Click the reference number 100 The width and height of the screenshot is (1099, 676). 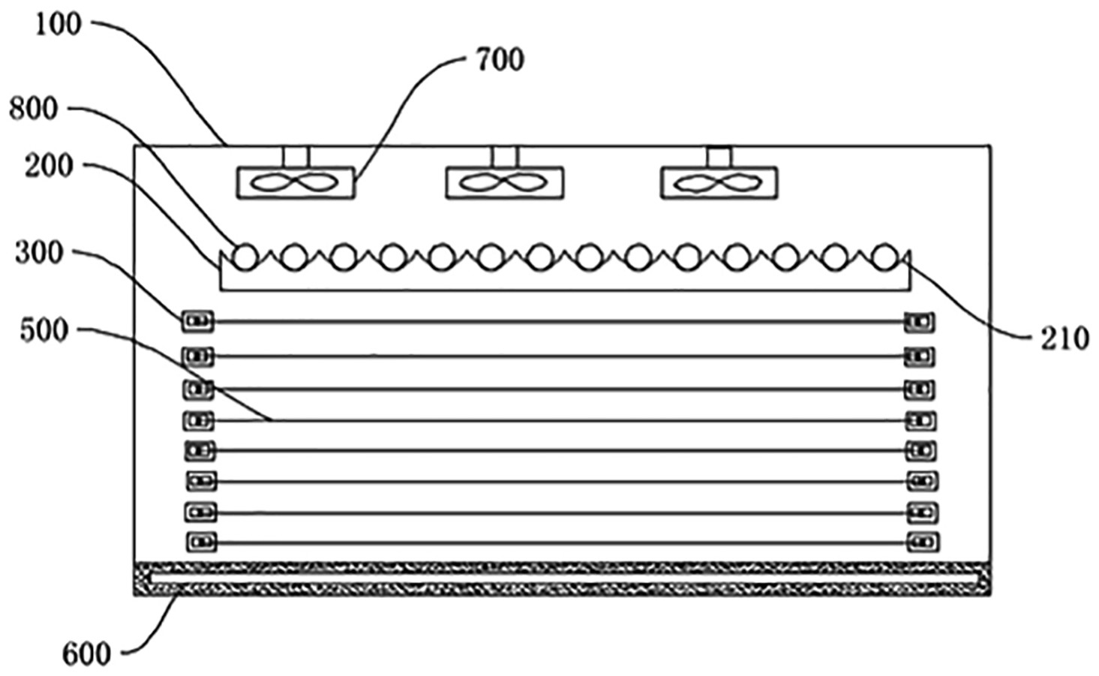58,24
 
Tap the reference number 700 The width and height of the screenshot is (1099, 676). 500,59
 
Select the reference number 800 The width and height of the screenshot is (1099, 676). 33,110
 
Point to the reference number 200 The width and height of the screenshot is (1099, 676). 49,166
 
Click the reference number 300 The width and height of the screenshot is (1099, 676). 40,253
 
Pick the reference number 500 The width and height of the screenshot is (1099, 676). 44,330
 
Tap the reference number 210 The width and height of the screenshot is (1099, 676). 1064,339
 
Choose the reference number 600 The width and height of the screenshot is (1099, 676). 86,654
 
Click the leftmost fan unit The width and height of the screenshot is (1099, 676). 296,182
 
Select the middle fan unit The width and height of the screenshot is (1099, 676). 504,182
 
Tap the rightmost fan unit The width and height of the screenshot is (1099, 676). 719,182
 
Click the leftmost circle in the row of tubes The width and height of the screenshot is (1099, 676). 243,257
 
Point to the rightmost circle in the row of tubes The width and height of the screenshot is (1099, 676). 885,257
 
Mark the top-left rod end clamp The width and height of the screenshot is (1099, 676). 197,322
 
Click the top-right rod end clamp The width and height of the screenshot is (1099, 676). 919,323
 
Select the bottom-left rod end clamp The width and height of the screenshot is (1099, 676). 201,541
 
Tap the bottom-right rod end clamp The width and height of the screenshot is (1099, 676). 923,541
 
